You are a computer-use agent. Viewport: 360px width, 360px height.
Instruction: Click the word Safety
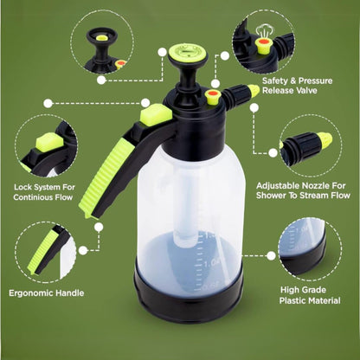pos(276,80)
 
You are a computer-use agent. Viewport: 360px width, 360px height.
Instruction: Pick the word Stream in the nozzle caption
pos(316,196)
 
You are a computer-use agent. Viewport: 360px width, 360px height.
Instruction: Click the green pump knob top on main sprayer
pos(188,53)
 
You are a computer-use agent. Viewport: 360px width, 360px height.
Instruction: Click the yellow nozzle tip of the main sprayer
pos(253,91)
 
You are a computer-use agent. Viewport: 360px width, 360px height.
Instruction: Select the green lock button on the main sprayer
pos(156,114)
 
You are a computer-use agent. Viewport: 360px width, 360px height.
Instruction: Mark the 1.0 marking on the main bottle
pos(212,264)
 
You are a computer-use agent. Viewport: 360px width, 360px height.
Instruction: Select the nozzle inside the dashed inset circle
pos(306,145)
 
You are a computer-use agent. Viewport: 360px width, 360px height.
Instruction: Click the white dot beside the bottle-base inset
pos(271,255)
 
